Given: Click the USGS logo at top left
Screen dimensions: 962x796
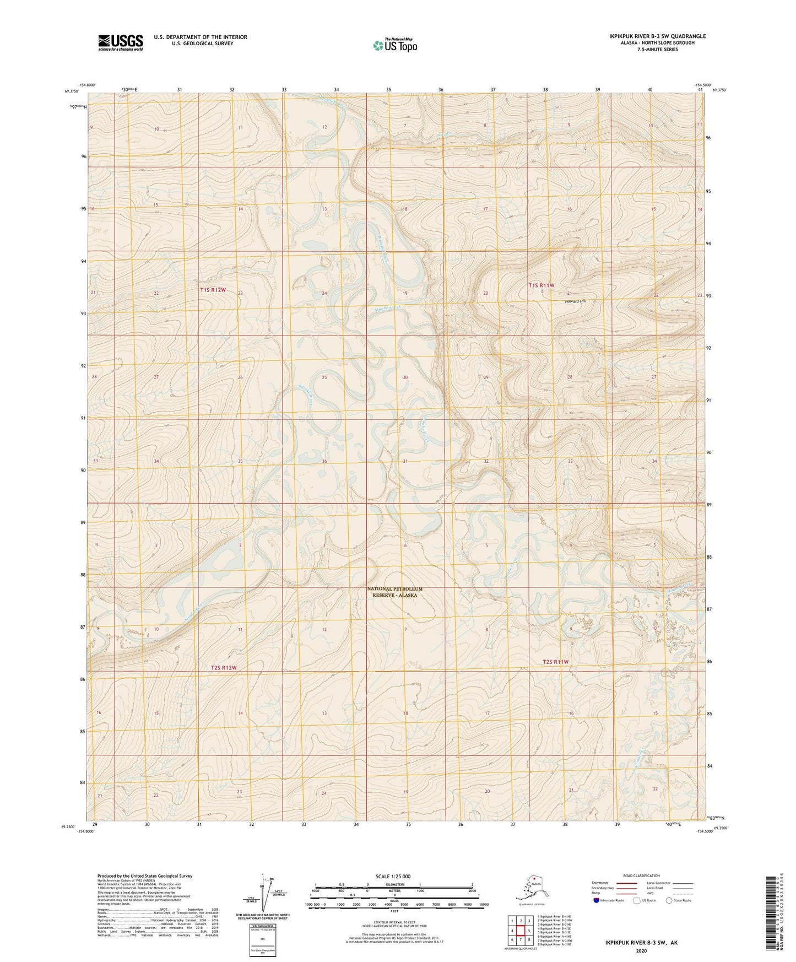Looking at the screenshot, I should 121,42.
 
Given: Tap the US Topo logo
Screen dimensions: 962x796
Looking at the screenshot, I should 394,45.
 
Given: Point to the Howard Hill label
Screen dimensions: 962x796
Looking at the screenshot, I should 576,301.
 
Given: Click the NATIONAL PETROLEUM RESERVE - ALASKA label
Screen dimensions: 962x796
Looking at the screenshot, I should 394,592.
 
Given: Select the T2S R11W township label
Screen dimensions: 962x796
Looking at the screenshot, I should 555,662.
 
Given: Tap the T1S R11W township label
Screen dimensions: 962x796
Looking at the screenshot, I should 541,285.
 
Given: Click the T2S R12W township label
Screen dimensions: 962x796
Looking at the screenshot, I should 223,668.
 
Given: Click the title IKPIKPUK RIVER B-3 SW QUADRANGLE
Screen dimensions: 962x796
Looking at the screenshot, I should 657,36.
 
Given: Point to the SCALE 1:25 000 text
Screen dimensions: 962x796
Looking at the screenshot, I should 393,876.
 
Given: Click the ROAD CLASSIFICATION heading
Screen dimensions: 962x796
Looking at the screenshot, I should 641,875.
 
